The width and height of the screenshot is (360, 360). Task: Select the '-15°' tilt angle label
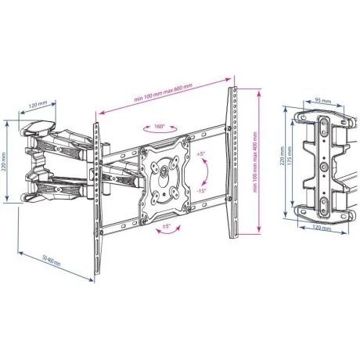point(200,190)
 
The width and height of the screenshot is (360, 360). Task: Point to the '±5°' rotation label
point(167,227)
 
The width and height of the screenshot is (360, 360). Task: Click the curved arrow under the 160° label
point(159,133)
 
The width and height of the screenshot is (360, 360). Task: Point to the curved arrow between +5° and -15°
point(205,171)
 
